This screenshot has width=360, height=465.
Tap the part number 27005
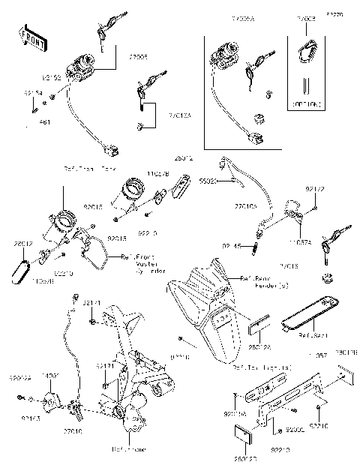click(x=138, y=56)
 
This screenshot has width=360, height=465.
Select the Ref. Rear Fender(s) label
click(x=255, y=282)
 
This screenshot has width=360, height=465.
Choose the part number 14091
click(x=49, y=373)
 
